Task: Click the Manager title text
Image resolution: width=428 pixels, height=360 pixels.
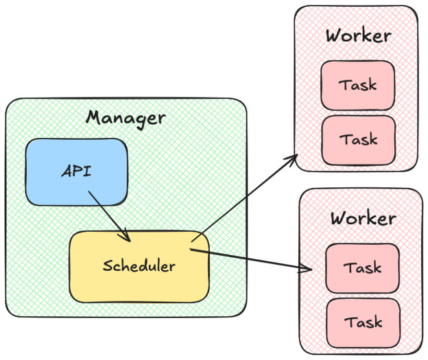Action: click(126, 118)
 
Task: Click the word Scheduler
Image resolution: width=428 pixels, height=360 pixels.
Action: click(139, 266)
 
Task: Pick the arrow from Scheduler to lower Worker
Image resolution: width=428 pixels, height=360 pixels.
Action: click(250, 260)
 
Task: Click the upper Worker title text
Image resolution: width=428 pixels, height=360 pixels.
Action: click(358, 36)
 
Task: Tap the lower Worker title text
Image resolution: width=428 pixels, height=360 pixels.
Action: click(362, 219)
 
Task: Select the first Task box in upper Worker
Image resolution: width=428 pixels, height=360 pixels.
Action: click(357, 86)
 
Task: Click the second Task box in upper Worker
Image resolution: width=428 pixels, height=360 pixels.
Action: click(359, 139)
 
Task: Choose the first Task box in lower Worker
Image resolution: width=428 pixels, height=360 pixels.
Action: click(362, 267)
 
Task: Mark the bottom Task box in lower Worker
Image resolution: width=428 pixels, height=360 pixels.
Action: click(363, 322)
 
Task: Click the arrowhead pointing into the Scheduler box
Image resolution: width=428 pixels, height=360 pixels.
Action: click(126, 237)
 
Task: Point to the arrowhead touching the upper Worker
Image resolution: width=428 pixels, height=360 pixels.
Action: click(293, 159)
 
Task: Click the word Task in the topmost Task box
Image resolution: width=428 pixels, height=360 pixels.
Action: click(358, 86)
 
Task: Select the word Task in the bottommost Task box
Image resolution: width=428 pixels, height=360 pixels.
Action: click(363, 322)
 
